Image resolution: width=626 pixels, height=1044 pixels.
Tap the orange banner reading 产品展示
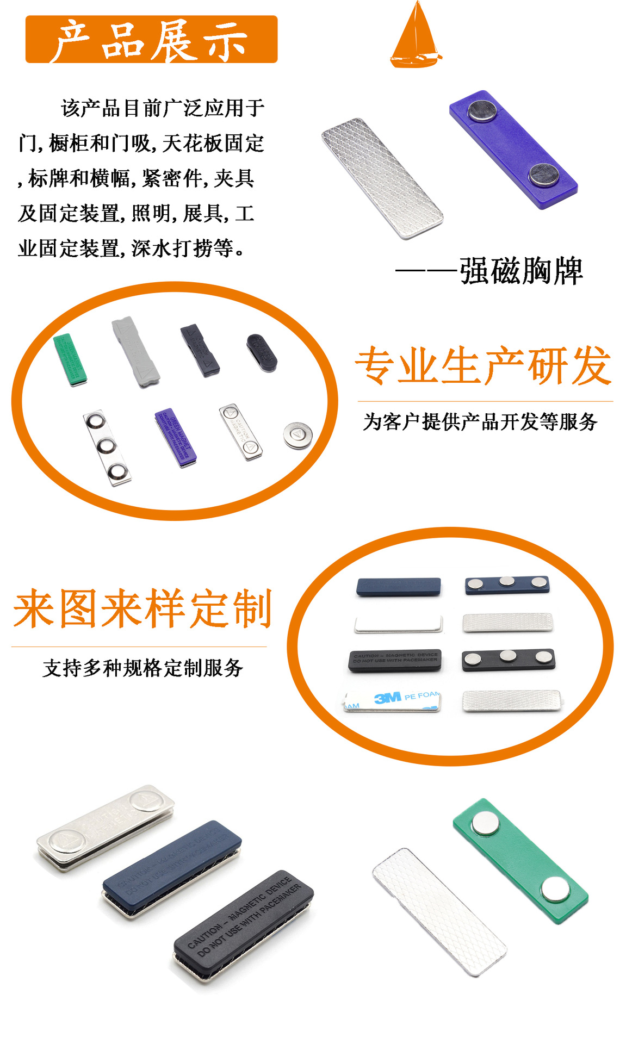pos(151,40)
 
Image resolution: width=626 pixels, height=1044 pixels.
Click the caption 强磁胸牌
pos(520,271)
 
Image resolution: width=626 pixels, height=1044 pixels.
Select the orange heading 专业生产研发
pos(484,366)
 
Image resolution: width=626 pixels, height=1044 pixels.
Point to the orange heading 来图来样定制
pos(142,609)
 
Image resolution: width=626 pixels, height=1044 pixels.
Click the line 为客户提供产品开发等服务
pos(480,422)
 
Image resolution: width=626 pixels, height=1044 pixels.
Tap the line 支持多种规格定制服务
pos(142,668)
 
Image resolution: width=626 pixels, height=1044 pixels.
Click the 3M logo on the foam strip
pos(388,698)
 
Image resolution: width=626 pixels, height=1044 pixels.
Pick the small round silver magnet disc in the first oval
pos(298,435)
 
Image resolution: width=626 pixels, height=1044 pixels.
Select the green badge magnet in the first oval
pos(70,360)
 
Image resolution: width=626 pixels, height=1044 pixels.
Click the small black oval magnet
pos(262,353)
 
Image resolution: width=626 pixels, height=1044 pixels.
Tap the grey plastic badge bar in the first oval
pos(135,351)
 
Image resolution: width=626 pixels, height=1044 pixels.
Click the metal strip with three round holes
pos(107,447)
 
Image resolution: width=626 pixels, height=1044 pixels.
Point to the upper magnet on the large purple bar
pos(481,110)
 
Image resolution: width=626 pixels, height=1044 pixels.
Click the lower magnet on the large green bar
pos(555,888)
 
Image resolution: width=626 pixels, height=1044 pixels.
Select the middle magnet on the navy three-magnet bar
pos(507,582)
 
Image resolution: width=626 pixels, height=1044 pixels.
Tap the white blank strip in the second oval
pos(398,624)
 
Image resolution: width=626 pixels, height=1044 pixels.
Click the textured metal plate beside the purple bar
pos(382,178)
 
